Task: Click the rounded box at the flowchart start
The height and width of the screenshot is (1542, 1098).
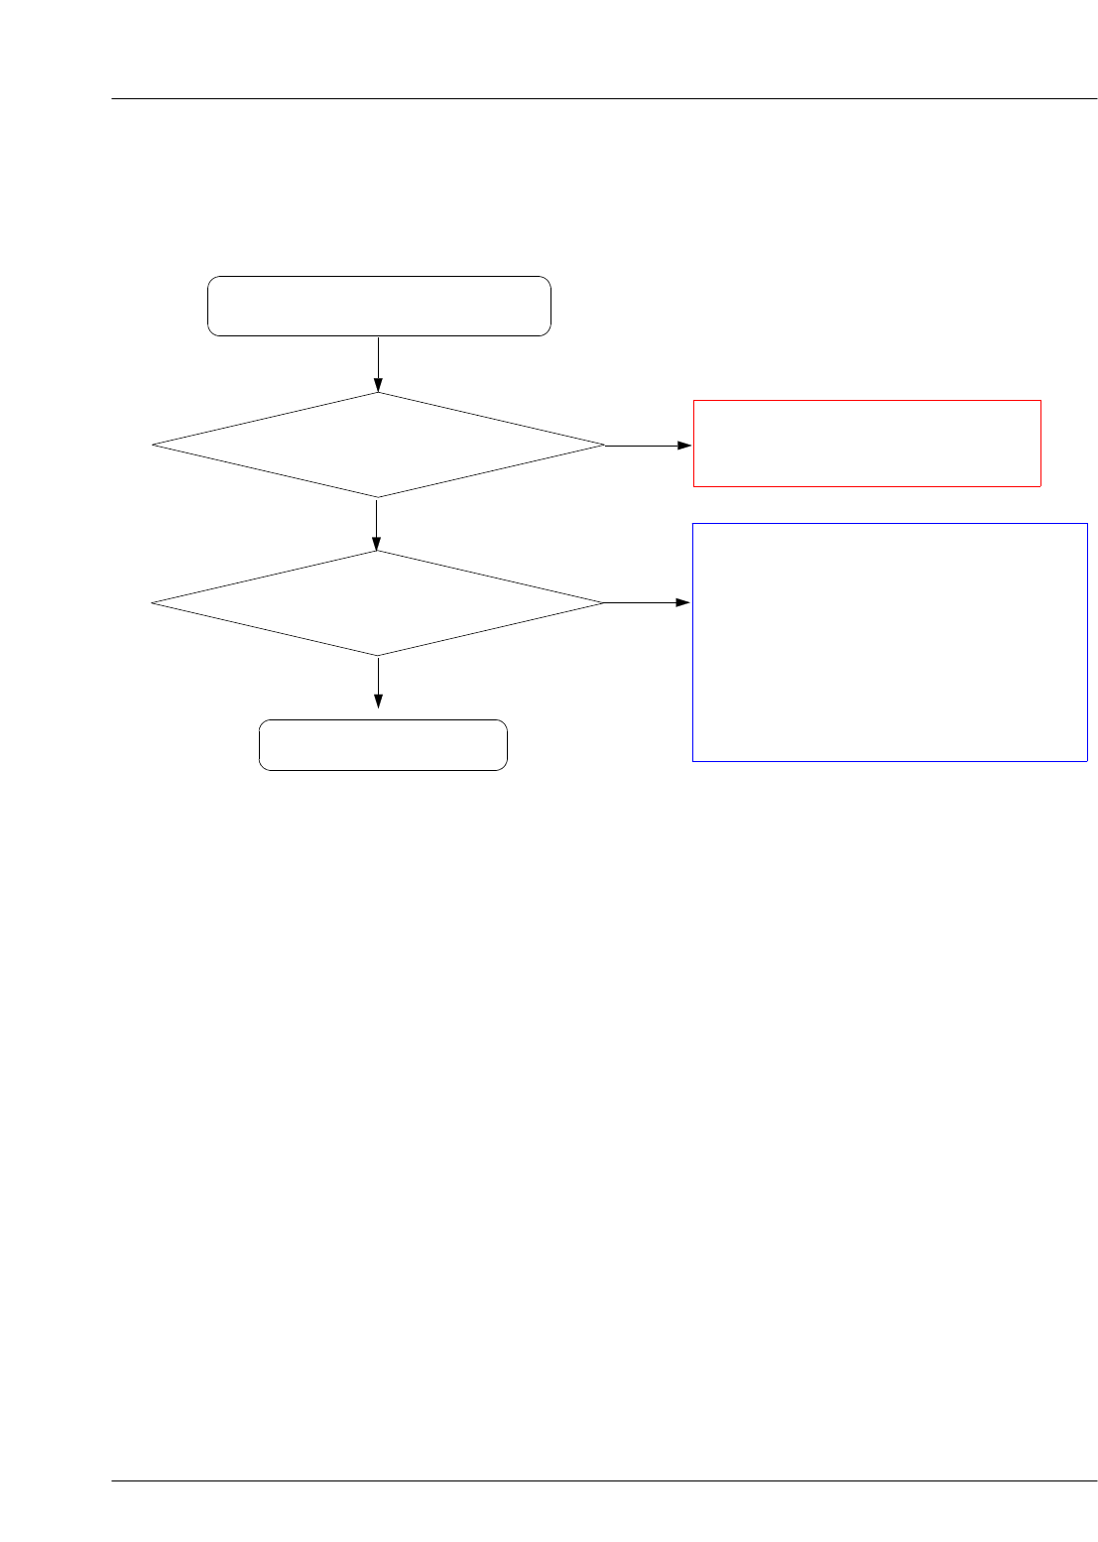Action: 379,306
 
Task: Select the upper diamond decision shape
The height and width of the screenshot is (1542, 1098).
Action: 378,445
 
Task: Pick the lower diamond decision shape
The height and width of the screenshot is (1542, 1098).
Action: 377,602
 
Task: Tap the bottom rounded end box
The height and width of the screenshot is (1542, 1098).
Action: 383,745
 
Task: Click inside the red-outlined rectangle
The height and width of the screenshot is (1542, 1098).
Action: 866,443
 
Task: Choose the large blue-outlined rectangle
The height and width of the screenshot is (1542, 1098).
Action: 890,642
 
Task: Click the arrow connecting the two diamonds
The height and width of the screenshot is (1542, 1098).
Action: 377,523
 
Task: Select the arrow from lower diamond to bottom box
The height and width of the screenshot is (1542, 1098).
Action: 378,682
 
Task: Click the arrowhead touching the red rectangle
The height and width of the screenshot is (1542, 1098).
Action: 685,446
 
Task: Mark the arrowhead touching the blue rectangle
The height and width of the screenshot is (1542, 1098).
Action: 684,602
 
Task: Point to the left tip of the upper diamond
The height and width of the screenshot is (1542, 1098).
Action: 154,445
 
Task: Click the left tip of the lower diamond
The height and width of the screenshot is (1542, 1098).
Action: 153,602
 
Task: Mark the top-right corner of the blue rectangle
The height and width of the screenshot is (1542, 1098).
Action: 1087,524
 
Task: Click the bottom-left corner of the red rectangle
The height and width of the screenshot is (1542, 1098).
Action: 693,486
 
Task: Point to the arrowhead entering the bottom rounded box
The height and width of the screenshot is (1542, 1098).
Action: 378,702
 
